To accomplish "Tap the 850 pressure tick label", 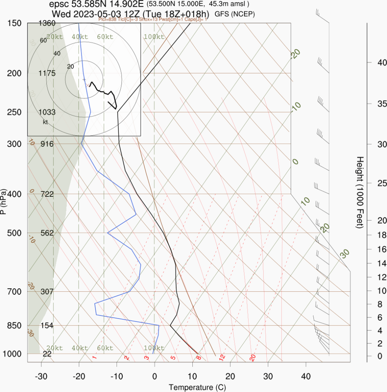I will coord(15,325).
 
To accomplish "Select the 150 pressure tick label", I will coord(15,23).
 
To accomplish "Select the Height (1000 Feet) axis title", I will coord(360,192).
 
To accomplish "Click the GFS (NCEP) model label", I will coord(235,14).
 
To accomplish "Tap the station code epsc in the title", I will coord(57,5).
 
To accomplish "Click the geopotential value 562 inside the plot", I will coord(47,233).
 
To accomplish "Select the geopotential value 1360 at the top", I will coord(47,23).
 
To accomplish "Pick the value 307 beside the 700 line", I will coord(47,291).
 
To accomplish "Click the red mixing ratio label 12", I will coord(221,358).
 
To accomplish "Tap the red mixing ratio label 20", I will coord(253,358).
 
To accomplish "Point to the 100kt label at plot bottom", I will coord(154,348).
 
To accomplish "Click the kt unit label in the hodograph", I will coord(45,122).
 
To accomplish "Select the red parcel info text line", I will coord(153,19).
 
